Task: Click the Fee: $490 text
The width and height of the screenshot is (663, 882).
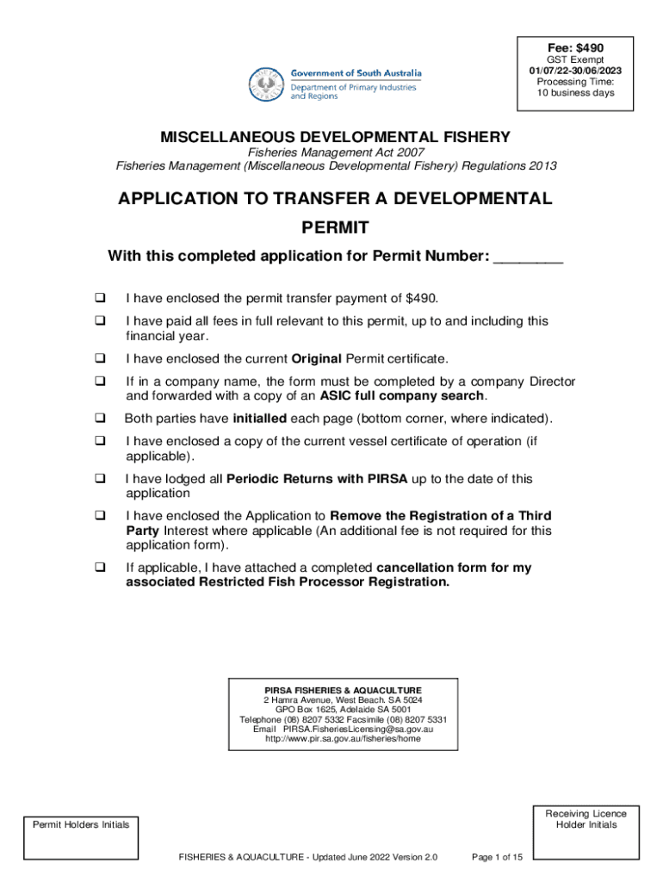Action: click(x=575, y=47)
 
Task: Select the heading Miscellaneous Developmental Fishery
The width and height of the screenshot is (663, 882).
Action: click(x=336, y=137)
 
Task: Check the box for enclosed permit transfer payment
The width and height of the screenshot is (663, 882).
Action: click(x=100, y=298)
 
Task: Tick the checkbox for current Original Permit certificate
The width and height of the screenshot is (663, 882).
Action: click(x=100, y=358)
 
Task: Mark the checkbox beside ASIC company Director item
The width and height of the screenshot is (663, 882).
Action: click(x=100, y=382)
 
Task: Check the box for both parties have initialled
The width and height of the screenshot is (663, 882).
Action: click(x=100, y=419)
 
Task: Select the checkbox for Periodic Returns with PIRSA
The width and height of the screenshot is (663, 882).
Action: click(x=100, y=479)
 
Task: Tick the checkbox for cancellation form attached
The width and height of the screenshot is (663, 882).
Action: click(x=100, y=568)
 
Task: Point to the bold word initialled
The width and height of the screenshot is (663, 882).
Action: click(x=259, y=419)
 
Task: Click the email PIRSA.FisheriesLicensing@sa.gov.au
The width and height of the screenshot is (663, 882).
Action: click(x=357, y=729)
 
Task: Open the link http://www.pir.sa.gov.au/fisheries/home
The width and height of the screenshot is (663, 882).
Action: click(x=344, y=739)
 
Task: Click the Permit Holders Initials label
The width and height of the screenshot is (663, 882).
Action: click(x=81, y=824)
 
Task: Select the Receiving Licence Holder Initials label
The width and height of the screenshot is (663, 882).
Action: click(x=586, y=819)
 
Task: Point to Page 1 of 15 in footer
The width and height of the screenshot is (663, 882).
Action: click(x=498, y=857)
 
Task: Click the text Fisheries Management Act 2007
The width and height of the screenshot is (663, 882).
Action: click(x=336, y=152)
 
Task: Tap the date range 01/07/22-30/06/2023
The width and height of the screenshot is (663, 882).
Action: click(x=575, y=71)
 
